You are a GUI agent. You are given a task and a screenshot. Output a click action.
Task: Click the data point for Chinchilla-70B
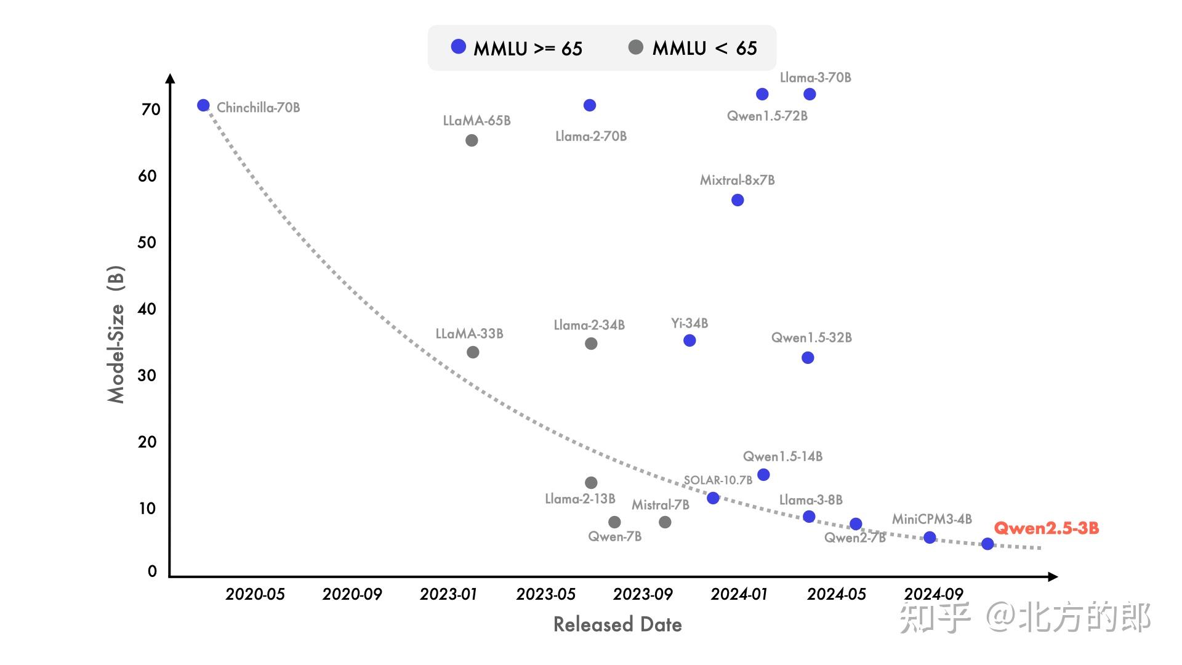point(203,105)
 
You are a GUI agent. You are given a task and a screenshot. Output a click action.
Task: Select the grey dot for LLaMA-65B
point(472,140)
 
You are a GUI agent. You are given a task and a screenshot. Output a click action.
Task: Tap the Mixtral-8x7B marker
point(738,200)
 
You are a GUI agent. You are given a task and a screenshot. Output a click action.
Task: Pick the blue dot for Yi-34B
point(689,341)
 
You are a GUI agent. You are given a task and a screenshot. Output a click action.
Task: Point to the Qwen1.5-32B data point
point(808,358)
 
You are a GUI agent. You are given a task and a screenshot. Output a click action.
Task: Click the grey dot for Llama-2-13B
point(591,483)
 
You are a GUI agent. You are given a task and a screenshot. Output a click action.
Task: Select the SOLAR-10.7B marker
point(713,498)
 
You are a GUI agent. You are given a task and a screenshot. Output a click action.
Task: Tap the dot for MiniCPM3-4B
point(930,538)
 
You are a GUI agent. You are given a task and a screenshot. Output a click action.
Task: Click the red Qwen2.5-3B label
point(1046,528)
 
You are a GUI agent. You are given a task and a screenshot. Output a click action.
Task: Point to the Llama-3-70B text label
point(815,78)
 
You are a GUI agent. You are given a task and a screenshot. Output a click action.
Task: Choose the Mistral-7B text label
point(660,505)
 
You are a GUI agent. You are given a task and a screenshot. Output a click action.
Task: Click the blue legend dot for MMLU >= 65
point(459,47)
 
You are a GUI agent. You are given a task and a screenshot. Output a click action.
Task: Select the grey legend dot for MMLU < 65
point(636,47)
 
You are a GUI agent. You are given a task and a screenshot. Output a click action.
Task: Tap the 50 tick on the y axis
point(147,243)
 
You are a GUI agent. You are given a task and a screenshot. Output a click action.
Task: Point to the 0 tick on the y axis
point(152,571)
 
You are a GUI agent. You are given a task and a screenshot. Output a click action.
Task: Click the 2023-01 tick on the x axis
point(448,594)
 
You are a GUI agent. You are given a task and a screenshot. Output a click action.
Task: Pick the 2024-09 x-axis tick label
point(933,594)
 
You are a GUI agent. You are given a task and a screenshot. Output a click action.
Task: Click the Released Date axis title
point(617,624)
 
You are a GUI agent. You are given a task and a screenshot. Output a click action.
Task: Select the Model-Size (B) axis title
point(116,334)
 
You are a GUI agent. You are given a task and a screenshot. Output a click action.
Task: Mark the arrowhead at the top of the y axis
point(171,78)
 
